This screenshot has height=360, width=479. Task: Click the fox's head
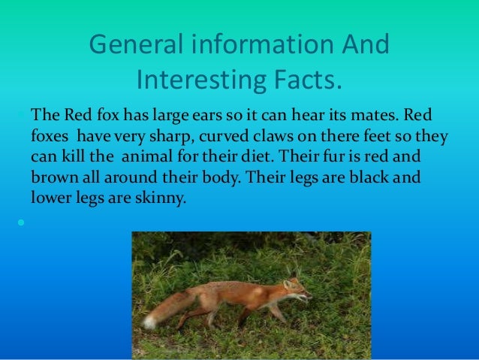click(296, 289)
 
